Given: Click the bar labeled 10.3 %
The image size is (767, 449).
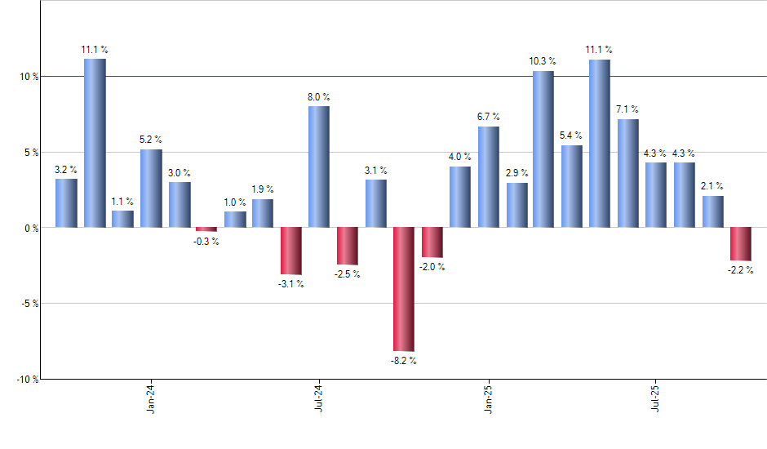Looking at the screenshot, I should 543,149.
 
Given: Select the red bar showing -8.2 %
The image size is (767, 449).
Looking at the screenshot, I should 404,289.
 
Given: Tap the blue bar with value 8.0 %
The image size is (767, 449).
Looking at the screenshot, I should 319,167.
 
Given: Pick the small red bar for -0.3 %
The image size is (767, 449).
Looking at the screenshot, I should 206,229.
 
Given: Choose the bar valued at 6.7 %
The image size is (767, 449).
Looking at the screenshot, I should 488,177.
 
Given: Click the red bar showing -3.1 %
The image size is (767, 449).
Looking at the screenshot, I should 291,251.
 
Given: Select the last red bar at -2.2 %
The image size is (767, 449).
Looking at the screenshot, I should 741,244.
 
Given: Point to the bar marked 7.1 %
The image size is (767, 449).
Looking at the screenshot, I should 628,173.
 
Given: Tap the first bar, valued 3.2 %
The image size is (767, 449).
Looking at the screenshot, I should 66,203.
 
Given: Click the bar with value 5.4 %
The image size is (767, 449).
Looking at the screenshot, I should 572,186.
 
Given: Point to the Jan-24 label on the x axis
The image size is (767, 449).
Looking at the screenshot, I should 151,398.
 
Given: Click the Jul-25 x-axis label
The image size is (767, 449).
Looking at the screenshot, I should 657,398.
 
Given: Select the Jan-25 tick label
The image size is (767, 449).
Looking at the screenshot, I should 489,398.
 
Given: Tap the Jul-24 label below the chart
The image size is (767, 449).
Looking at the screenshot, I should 319,398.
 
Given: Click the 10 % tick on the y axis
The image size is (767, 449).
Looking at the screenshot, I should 28,77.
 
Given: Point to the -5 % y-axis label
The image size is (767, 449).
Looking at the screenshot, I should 28,304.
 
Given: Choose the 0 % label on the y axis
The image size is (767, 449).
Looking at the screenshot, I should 30,229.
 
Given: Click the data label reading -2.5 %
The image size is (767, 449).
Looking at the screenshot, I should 347,274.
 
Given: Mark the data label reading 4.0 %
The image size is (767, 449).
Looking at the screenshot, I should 459,157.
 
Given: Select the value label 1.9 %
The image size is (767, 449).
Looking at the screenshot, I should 263,189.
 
